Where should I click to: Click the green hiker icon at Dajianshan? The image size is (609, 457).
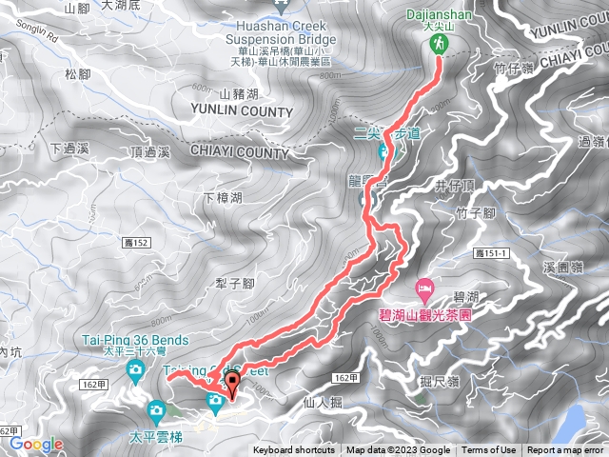[439, 44]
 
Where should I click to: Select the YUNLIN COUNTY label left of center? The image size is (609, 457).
[244, 112]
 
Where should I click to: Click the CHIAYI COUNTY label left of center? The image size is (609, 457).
[239, 152]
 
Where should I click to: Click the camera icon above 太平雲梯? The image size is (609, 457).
[157, 411]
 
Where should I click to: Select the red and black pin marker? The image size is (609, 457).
[232, 386]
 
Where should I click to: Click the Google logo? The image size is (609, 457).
[36, 444]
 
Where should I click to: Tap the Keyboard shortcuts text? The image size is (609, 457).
[294, 450]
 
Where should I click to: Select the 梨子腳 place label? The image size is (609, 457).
[234, 284]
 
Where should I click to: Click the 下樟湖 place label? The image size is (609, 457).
[224, 198]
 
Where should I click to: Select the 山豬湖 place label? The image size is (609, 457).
[239, 93]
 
